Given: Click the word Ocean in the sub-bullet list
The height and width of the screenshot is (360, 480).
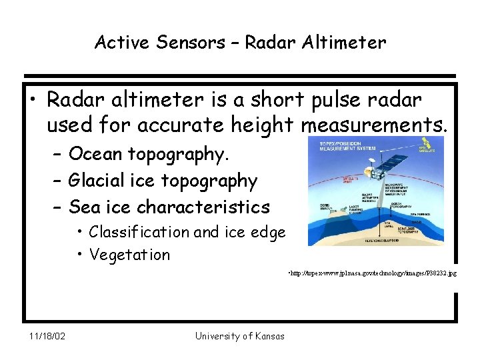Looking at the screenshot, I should (x=95, y=154).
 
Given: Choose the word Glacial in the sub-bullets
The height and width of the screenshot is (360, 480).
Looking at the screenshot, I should (x=100, y=181).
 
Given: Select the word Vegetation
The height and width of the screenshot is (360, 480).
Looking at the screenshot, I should (x=129, y=255).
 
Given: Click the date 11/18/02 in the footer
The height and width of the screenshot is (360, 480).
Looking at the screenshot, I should (x=47, y=336).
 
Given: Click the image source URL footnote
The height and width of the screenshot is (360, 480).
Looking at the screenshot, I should (x=372, y=274).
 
